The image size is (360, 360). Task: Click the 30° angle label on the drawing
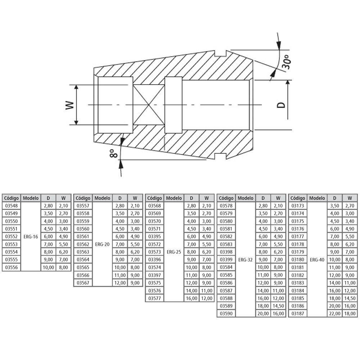[287, 62]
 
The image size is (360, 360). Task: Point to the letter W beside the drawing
[70, 105]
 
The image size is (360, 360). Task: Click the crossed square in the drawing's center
[149, 105]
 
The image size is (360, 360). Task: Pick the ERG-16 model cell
[31, 237]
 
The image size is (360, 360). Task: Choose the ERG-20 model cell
[102, 244]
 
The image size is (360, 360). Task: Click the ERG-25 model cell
[174, 252]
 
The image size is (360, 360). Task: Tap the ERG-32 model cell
[246, 260]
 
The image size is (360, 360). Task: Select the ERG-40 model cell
[317, 260]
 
